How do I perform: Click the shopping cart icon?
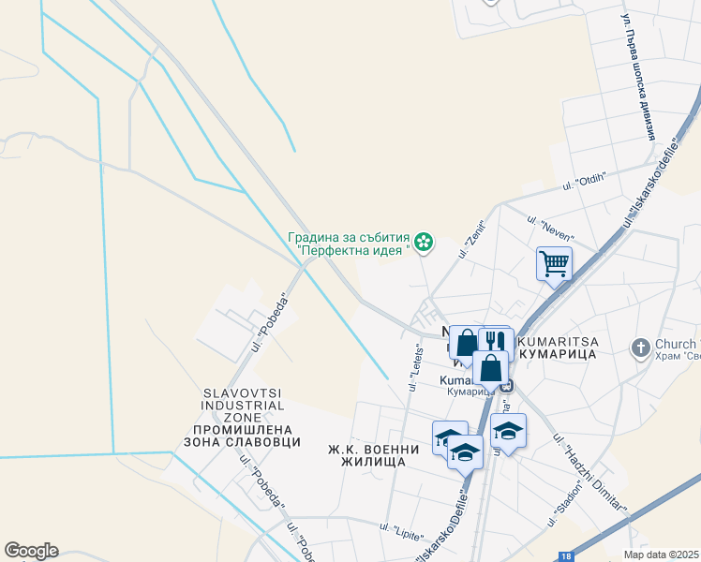point(554,263)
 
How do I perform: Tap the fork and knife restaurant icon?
point(496,341)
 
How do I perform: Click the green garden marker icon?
point(425,243)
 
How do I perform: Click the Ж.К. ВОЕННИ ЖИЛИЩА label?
point(366,455)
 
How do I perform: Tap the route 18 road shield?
point(565,556)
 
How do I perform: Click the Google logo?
point(31,551)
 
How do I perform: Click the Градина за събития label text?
point(349,236)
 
